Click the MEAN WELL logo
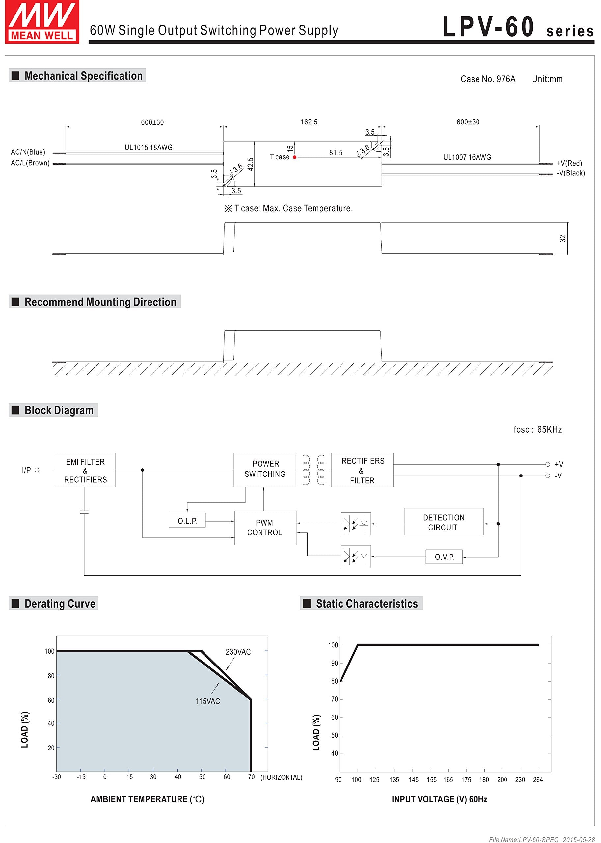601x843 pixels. (x=42, y=22)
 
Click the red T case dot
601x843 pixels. (x=295, y=157)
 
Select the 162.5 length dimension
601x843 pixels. (x=309, y=122)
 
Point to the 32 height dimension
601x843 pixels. (x=563, y=239)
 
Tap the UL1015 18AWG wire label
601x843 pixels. (x=149, y=147)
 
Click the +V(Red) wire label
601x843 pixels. (x=569, y=163)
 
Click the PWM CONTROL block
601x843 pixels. (x=265, y=528)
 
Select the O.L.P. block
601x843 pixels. (x=187, y=521)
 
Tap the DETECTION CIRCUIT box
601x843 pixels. (x=443, y=522)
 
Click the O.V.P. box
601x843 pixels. (x=444, y=557)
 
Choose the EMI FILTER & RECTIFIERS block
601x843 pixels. (x=84, y=470)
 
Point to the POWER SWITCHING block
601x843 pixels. (x=265, y=469)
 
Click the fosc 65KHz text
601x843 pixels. (x=537, y=430)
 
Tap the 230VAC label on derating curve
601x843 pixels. (x=238, y=652)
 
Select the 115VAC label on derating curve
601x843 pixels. (x=207, y=701)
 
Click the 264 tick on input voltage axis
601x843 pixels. (x=537, y=780)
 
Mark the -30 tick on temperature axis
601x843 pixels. (x=56, y=777)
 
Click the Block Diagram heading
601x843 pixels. (x=59, y=410)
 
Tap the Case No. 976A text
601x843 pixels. (x=488, y=79)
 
